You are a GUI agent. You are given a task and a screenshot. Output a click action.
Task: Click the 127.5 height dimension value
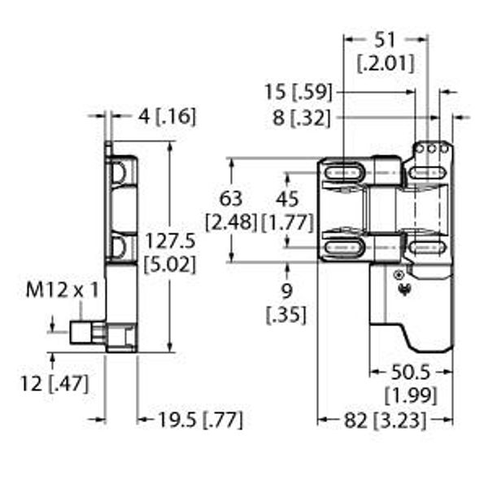click(171, 242)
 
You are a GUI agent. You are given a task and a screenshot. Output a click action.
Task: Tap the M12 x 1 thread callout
click(62, 290)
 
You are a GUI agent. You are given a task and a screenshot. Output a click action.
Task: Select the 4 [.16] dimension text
click(167, 116)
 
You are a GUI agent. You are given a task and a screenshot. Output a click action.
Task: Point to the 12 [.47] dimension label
click(54, 383)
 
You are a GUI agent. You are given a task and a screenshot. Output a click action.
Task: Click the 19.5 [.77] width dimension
click(200, 420)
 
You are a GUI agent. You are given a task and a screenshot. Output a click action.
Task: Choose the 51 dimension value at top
click(385, 41)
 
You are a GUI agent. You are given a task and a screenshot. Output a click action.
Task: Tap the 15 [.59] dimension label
click(298, 93)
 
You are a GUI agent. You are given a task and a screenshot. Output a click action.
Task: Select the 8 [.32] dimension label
click(301, 118)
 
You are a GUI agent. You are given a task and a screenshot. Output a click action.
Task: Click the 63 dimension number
click(231, 198)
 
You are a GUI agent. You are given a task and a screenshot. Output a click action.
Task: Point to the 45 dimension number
click(287, 198)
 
